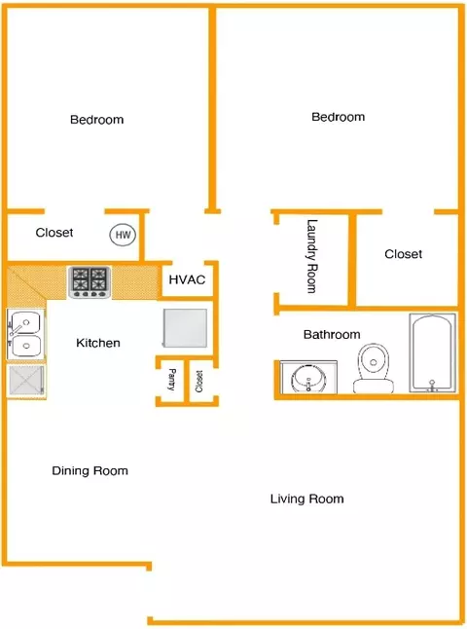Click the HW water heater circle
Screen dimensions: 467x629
pyautogui.click(x=123, y=235)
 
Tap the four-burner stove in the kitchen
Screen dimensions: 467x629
pyautogui.click(x=90, y=282)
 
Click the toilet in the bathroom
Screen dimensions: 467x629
pyautogui.click(x=374, y=368)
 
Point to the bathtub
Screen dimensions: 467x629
pyautogui.click(x=432, y=352)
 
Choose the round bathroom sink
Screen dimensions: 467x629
pyautogui.click(x=308, y=378)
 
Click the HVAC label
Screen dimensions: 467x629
pyautogui.click(x=187, y=279)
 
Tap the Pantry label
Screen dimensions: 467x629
pyautogui.click(x=171, y=380)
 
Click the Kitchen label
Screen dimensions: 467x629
pyautogui.click(x=98, y=343)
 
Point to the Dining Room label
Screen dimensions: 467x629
pyautogui.click(x=90, y=470)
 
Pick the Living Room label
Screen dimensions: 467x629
pyautogui.click(x=307, y=499)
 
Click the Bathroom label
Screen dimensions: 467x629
pyautogui.click(x=332, y=334)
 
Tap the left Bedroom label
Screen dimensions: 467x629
pyautogui.click(x=96, y=120)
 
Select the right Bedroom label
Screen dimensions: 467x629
pyautogui.click(x=339, y=117)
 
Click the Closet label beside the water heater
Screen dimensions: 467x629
pyautogui.click(x=54, y=233)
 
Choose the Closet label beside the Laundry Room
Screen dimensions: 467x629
pyautogui.click(x=403, y=254)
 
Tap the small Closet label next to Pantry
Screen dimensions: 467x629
pyautogui.click(x=198, y=381)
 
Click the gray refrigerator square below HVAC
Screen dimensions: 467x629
pyautogui.click(x=185, y=328)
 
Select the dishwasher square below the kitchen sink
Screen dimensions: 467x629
pyautogui.click(x=26, y=381)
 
